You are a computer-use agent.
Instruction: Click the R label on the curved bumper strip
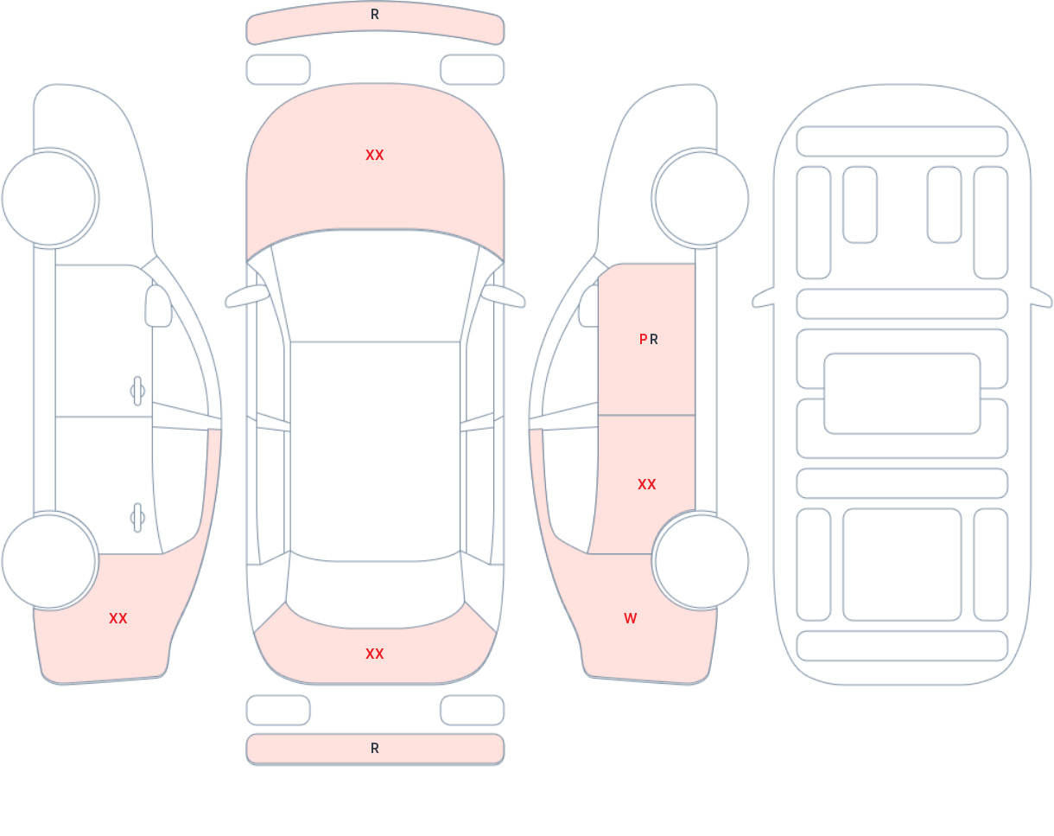375,15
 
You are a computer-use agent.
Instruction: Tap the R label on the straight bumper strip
375,749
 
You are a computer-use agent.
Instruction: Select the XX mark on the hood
375,156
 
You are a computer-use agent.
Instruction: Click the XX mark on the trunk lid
375,654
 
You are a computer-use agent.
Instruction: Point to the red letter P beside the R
643,339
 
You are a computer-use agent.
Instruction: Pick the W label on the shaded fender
631,618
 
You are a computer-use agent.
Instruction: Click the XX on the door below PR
646,485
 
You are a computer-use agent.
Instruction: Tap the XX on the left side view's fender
118,618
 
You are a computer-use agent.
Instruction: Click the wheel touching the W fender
702,561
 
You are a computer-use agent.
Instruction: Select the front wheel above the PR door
702,198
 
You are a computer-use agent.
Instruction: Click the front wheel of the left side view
48,198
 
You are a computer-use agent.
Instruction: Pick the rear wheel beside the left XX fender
48,561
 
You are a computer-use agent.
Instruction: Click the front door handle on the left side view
137,391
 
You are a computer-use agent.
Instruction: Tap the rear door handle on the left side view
137,518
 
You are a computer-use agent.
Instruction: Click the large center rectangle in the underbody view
902,393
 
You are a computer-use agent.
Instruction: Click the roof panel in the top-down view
375,450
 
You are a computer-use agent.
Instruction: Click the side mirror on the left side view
158,306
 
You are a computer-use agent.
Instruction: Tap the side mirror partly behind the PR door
589,306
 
